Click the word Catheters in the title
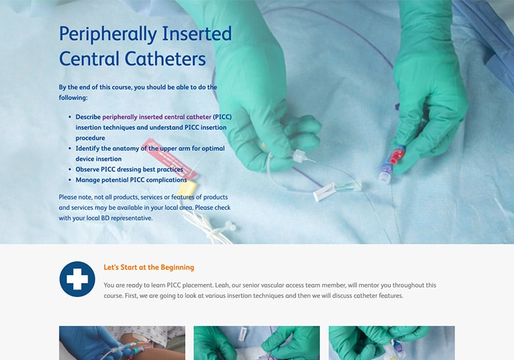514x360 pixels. click(x=165, y=59)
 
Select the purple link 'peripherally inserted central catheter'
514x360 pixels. click(x=157, y=117)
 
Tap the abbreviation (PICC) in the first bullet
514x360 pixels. click(x=222, y=117)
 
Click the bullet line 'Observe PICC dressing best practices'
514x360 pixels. click(x=129, y=170)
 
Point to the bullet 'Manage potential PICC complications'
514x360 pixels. click(x=131, y=180)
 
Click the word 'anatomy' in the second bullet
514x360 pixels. click(x=126, y=148)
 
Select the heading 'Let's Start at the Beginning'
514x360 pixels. click(x=149, y=267)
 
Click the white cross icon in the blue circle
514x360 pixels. click(x=77, y=279)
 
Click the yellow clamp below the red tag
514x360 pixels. click(x=188, y=189)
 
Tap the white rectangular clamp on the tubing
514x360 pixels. click(x=324, y=192)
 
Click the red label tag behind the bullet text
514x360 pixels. click(x=169, y=159)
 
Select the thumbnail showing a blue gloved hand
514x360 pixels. click(x=122, y=343)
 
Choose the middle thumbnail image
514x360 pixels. click(x=256, y=343)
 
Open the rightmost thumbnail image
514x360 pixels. click(x=392, y=343)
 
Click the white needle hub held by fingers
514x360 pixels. click(x=299, y=156)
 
